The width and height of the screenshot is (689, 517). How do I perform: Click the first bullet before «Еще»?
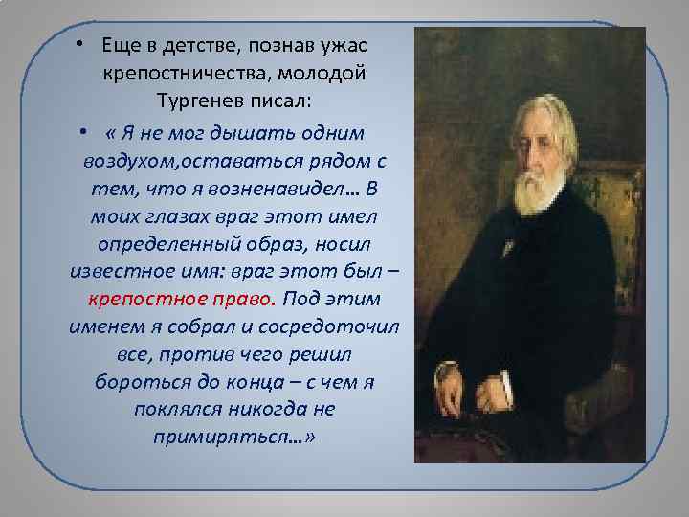[83, 47]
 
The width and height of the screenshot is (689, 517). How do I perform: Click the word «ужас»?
[346, 45]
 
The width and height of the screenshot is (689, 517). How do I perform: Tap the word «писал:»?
[276, 100]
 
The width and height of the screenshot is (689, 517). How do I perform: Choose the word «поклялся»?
[182, 409]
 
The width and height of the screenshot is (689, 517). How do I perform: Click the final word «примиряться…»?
[233, 438]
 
